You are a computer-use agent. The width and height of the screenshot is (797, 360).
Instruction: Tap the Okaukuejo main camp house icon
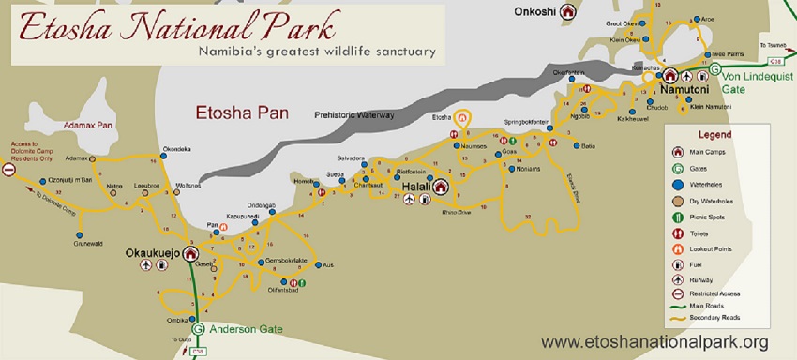click(x=191, y=253)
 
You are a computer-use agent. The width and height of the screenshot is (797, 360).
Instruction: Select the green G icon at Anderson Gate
click(x=198, y=329)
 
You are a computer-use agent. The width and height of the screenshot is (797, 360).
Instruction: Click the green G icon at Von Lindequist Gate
click(x=715, y=69)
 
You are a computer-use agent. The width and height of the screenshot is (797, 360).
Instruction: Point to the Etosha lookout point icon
click(x=460, y=119)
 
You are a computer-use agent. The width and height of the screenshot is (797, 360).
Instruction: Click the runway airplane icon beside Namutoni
click(x=687, y=76)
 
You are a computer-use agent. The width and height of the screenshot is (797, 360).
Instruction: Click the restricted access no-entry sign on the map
click(x=8, y=170)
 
